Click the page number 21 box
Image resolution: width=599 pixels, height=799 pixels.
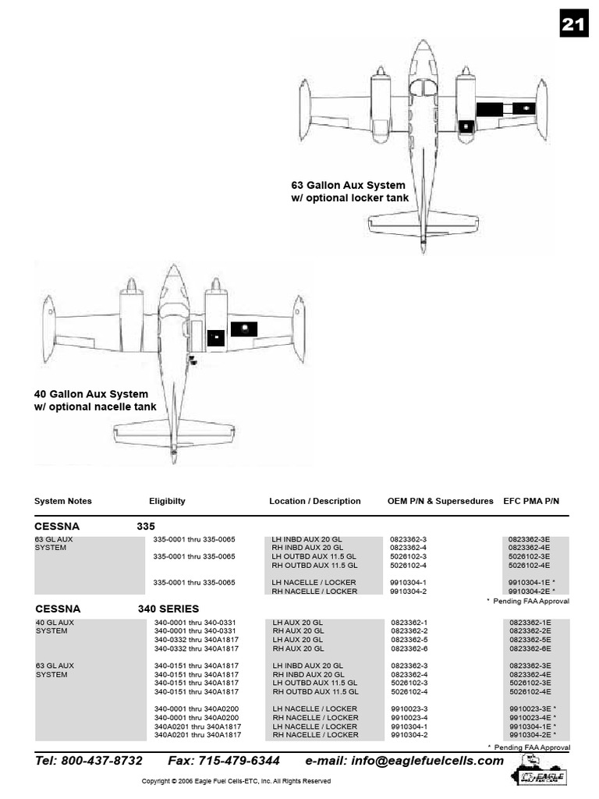[573, 26]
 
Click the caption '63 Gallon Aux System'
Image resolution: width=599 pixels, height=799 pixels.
[348, 186]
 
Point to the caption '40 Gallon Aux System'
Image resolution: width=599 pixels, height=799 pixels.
[91, 394]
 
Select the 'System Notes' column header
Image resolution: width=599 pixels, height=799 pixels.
[63, 501]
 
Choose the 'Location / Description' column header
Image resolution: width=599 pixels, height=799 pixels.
[315, 501]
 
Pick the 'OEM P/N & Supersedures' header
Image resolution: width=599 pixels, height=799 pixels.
[441, 501]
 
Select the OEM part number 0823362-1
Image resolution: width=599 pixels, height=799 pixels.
[409, 623]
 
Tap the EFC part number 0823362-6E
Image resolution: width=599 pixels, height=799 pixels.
[530, 648]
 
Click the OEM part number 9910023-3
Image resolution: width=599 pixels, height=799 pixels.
[409, 708]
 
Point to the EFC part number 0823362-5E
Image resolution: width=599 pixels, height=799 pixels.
[530, 640]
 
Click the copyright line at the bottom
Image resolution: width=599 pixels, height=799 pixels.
[236, 781]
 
